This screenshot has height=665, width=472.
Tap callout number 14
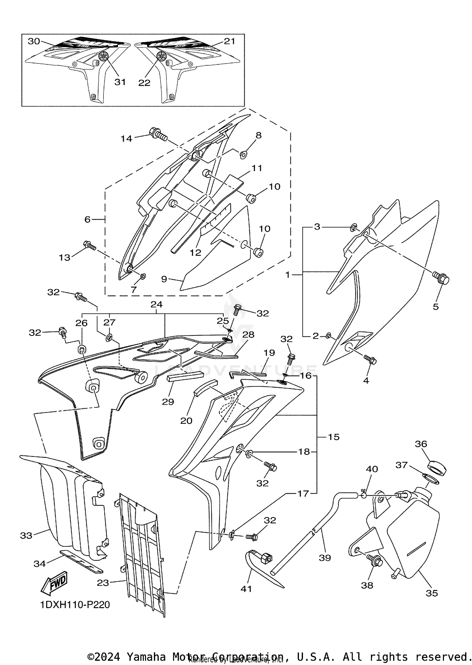126,138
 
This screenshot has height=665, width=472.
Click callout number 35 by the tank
432,593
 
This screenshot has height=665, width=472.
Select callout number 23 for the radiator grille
103,583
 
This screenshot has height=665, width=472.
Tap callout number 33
26,535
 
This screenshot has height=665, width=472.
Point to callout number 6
87,219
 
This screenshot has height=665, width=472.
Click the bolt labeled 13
89,245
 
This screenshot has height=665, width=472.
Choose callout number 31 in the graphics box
120,82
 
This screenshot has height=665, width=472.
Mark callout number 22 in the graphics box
144,83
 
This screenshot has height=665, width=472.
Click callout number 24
156,304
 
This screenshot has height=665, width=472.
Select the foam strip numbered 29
184,377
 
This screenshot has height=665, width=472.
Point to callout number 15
334,437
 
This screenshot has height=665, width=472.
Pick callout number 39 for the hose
325,557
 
